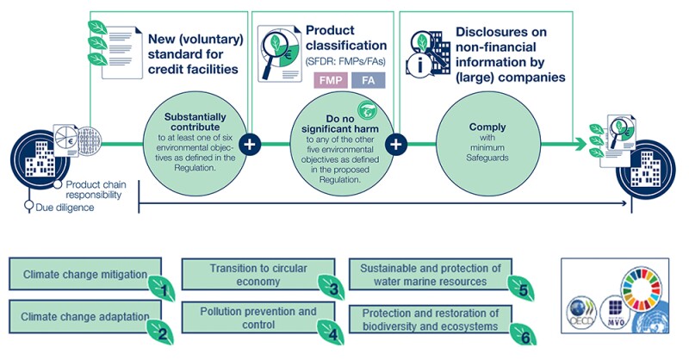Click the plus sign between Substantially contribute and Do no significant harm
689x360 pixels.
pyautogui.click(x=250, y=144)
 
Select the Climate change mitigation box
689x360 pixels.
pyautogui.click(x=82, y=275)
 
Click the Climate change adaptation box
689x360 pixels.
pyautogui.click(x=82, y=317)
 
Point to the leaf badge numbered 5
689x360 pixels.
pyautogui.click(x=523, y=287)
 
